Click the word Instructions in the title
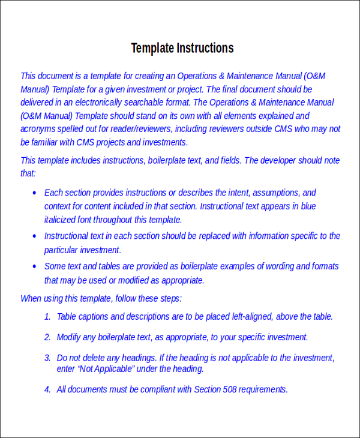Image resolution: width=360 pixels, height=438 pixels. pyautogui.click(x=205, y=49)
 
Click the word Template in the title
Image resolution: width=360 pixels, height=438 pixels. pyautogui.click(x=152, y=49)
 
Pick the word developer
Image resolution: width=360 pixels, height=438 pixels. pyautogui.click(x=278, y=160)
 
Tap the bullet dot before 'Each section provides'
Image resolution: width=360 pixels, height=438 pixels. pyautogui.click(x=34, y=193)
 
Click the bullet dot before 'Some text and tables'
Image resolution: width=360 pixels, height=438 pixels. pyautogui.click(x=34, y=266)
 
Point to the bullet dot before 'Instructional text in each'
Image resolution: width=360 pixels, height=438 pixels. pyautogui.click(x=34, y=236)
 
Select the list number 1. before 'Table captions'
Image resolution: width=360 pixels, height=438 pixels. pyautogui.click(x=47, y=317)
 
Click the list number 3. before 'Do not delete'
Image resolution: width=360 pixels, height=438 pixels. pyautogui.click(x=47, y=358)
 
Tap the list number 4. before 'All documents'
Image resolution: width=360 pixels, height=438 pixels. pyautogui.click(x=47, y=389)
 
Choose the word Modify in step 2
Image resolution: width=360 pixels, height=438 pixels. pyautogui.click(x=69, y=337)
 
